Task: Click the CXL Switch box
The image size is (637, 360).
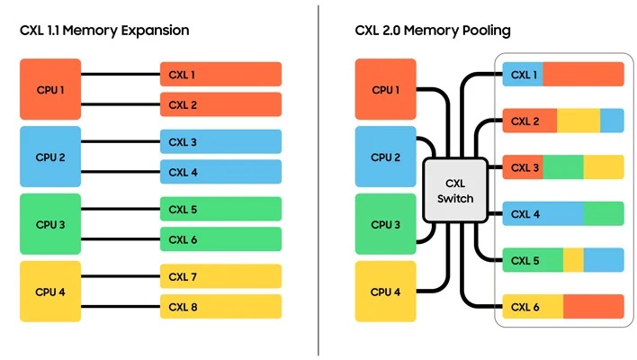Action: click(x=455, y=191)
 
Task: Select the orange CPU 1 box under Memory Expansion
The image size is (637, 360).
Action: click(x=50, y=89)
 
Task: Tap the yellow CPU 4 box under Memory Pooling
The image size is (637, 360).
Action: click(x=386, y=292)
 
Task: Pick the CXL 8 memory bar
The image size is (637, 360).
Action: click(x=220, y=306)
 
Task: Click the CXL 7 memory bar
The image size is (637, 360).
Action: click(x=220, y=276)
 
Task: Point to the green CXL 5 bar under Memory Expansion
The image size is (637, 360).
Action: click(x=220, y=209)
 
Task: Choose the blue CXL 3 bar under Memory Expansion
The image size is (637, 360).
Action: click(x=220, y=141)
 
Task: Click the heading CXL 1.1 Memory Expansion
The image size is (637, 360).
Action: click(x=104, y=31)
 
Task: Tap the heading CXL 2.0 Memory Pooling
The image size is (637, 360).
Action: click(x=433, y=31)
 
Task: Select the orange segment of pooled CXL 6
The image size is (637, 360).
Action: click(x=594, y=306)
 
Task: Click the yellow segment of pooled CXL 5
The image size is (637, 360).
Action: click(x=573, y=260)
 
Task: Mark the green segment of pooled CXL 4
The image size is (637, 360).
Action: click(x=604, y=213)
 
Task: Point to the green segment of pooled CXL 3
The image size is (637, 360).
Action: click(x=563, y=167)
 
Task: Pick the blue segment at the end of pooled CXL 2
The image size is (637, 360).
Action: click(x=612, y=121)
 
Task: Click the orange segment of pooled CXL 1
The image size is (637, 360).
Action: click(x=583, y=75)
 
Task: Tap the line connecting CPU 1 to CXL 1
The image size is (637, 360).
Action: click(x=121, y=75)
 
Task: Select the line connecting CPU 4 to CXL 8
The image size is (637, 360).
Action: click(x=121, y=306)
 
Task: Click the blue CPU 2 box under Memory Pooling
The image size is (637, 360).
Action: click(x=386, y=157)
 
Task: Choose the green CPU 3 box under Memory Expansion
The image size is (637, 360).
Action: click(x=50, y=224)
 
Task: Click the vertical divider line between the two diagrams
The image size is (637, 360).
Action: click(x=318, y=180)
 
